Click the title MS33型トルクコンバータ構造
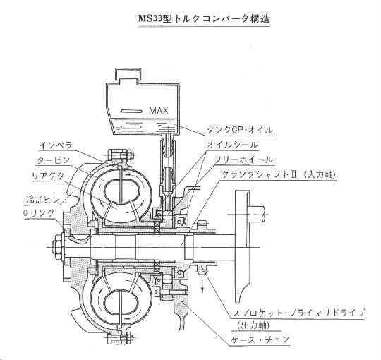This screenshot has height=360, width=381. coord(204,18)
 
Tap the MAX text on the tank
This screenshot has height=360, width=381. coord(159,111)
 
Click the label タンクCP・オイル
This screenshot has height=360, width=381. coord(240,130)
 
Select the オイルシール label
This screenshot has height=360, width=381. coord(233,145)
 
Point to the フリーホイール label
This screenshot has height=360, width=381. coord(243,160)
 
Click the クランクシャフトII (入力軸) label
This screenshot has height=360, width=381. coord(279,174)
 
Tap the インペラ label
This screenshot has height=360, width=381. coord(56,145)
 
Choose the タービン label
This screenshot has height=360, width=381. coord(53,160)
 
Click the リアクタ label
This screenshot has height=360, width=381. coord(48,176)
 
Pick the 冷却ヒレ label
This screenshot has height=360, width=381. coord(43,200)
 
